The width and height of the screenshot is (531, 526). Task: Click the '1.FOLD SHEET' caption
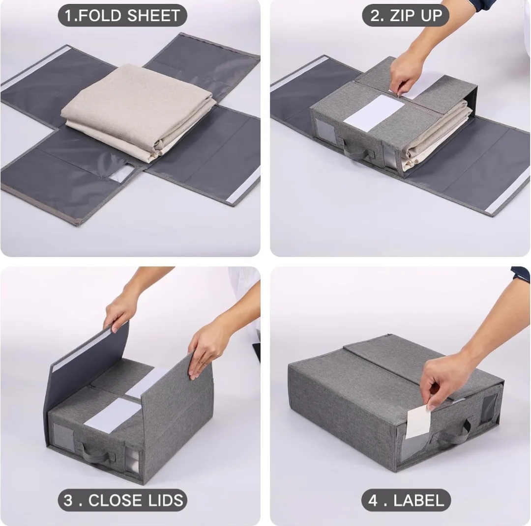tap(122, 15)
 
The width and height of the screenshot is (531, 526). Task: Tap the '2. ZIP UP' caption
tap(405, 15)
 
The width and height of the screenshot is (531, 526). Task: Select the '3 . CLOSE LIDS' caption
tap(122, 500)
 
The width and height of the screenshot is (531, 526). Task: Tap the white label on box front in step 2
tap(367, 112)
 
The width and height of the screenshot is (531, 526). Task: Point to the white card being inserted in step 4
tap(418, 421)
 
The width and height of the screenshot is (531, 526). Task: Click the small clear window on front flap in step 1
tap(123, 172)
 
